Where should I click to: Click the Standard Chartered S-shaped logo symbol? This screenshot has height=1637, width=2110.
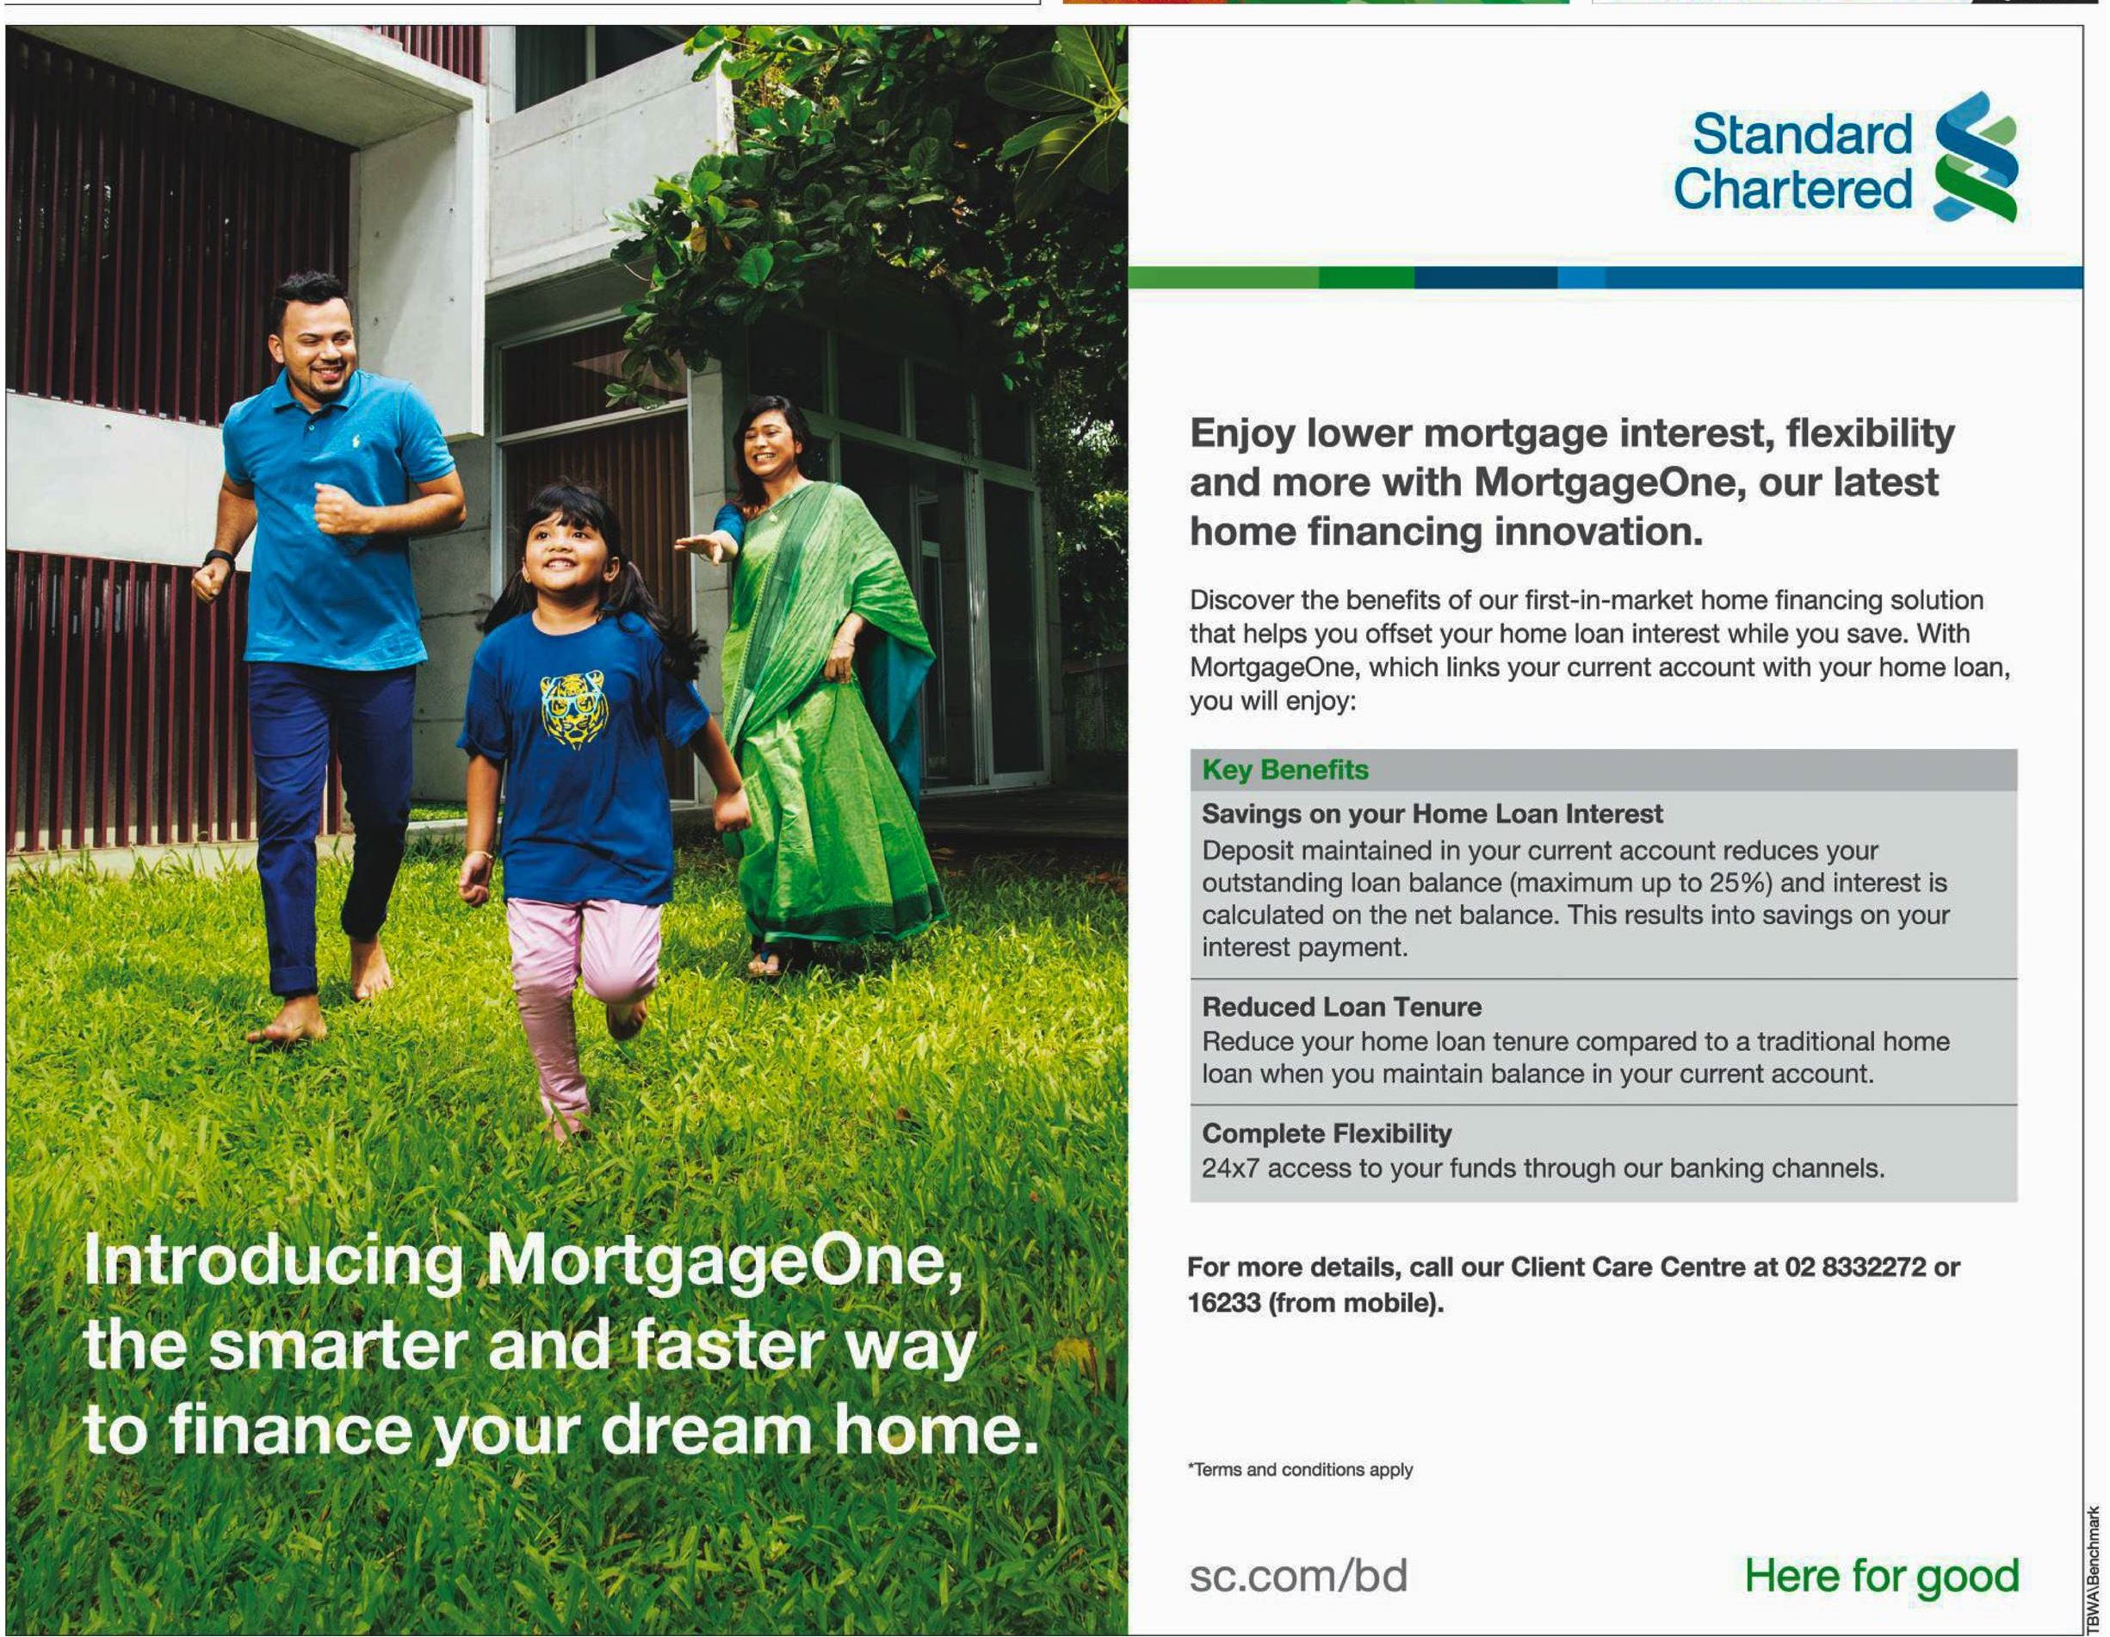pyautogui.click(x=1975, y=157)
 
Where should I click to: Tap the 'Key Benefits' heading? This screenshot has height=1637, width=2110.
pyautogui.click(x=1285, y=769)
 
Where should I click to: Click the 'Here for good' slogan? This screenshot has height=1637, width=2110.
pyautogui.click(x=1881, y=1577)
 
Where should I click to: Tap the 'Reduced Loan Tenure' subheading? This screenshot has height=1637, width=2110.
pyautogui.click(x=1341, y=1007)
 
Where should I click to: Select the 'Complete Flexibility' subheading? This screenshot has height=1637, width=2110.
pyautogui.click(x=1327, y=1133)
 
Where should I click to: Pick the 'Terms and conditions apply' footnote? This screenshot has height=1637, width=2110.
pyautogui.click(x=1301, y=1469)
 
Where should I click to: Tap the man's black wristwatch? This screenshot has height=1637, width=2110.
pyautogui.click(x=220, y=558)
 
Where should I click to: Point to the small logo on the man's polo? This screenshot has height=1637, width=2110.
pyautogui.click(x=356, y=442)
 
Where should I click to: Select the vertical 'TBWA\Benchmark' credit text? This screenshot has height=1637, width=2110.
pyautogui.click(x=2094, y=1567)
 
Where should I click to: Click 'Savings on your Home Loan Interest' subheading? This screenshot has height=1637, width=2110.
pyautogui.click(x=1432, y=814)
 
